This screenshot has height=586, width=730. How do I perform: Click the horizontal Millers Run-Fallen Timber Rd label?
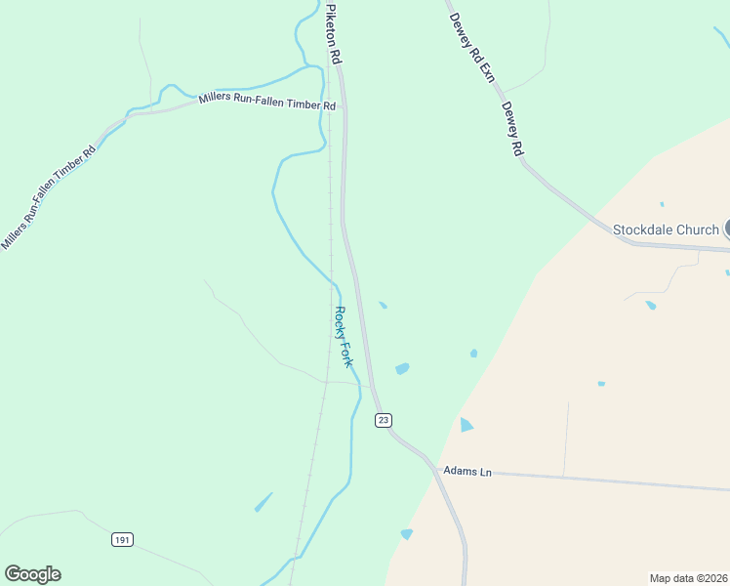coord(266,101)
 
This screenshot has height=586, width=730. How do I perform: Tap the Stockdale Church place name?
coord(666,230)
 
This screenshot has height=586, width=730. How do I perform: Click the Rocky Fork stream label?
coord(343,337)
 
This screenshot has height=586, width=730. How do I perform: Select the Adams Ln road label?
coord(466,471)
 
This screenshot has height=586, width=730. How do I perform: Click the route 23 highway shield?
coord(384,419)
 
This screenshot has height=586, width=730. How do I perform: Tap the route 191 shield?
coord(122,539)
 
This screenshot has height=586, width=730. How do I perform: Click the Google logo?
coord(32,574)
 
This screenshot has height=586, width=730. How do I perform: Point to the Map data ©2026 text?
coord(688,578)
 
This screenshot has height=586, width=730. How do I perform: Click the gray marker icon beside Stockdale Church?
coord(727,230)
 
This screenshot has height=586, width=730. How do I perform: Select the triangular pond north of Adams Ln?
coord(466,425)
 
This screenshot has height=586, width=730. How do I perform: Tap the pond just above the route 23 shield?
coord(401,368)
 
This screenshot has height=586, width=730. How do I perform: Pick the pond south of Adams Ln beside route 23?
coord(407,533)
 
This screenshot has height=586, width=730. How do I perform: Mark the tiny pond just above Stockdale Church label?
coord(662,204)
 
